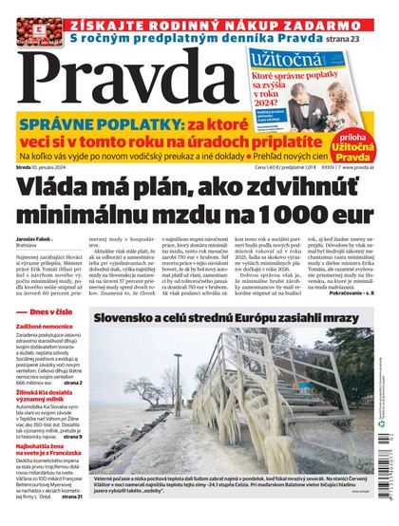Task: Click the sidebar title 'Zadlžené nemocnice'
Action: click(x=49, y=351)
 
